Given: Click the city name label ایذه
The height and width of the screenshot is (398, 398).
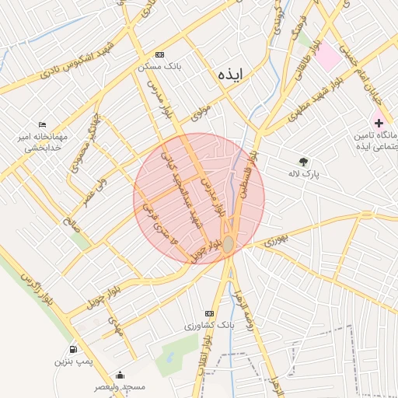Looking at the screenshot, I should coord(231,74).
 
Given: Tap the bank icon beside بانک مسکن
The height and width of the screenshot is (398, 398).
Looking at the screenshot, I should coord(159,54).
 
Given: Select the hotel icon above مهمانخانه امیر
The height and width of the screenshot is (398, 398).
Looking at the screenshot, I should coord(42,124).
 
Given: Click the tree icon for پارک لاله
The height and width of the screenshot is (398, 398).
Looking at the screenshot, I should coord(303,162).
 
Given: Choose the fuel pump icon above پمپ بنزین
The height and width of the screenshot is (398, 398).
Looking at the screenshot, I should coord(73,349).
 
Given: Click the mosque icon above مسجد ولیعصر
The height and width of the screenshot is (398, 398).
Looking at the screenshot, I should coord(120,374).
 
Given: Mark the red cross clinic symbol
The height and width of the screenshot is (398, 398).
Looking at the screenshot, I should coord(379,123).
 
